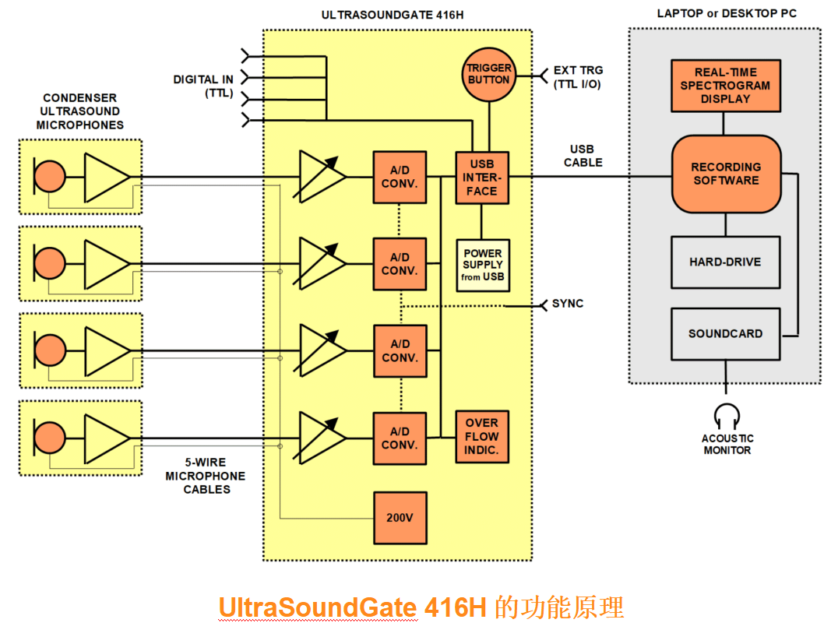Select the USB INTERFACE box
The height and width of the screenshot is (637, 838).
pos(482,178)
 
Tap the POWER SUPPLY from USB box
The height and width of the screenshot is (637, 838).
pos(482,265)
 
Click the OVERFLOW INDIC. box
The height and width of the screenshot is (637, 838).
pos(482,436)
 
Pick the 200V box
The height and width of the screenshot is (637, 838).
pos(400,518)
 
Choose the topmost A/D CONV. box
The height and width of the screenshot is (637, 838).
pos(400,178)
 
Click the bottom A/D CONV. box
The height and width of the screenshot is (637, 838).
pos(400,438)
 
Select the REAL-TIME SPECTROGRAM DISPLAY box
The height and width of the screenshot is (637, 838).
pos(725,86)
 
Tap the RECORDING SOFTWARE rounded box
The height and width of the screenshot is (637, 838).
pos(726,174)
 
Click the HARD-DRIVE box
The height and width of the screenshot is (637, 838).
pos(725,262)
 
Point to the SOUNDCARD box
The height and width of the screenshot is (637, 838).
pos(725,333)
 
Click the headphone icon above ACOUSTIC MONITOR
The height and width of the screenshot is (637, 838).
pos(726,415)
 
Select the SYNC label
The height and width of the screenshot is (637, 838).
pos(568,304)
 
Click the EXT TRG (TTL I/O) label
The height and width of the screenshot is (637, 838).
pos(577,77)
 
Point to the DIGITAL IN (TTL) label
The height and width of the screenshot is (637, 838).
pos(203,86)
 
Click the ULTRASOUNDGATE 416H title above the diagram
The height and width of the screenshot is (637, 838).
pos(397,15)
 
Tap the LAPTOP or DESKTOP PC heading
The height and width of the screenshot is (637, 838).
pos(727,13)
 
